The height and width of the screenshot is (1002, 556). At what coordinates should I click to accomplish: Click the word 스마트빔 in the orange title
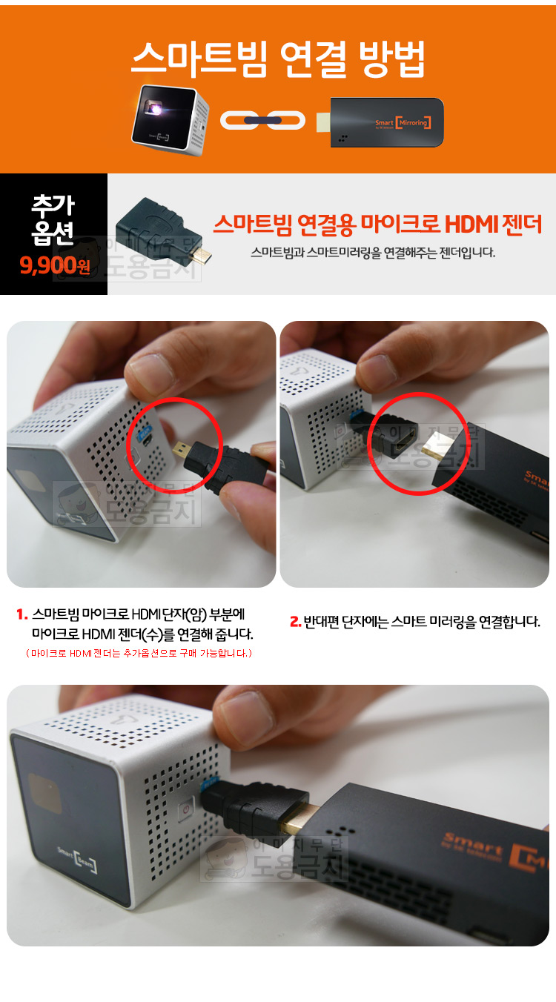(x=199, y=59)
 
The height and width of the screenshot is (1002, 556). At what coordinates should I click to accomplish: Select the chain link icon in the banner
(x=262, y=120)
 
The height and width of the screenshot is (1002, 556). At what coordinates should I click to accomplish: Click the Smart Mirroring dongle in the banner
(x=380, y=122)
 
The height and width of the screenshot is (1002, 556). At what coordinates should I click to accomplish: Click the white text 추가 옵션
(x=53, y=219)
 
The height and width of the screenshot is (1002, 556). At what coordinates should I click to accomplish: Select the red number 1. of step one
(x=22, y=614)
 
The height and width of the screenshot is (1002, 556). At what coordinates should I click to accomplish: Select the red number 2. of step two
(x=295, y=622)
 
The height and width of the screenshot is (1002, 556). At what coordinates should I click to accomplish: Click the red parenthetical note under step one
(x=139, y=653)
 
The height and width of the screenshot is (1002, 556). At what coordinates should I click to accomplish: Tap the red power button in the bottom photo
(x=187, y=809)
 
